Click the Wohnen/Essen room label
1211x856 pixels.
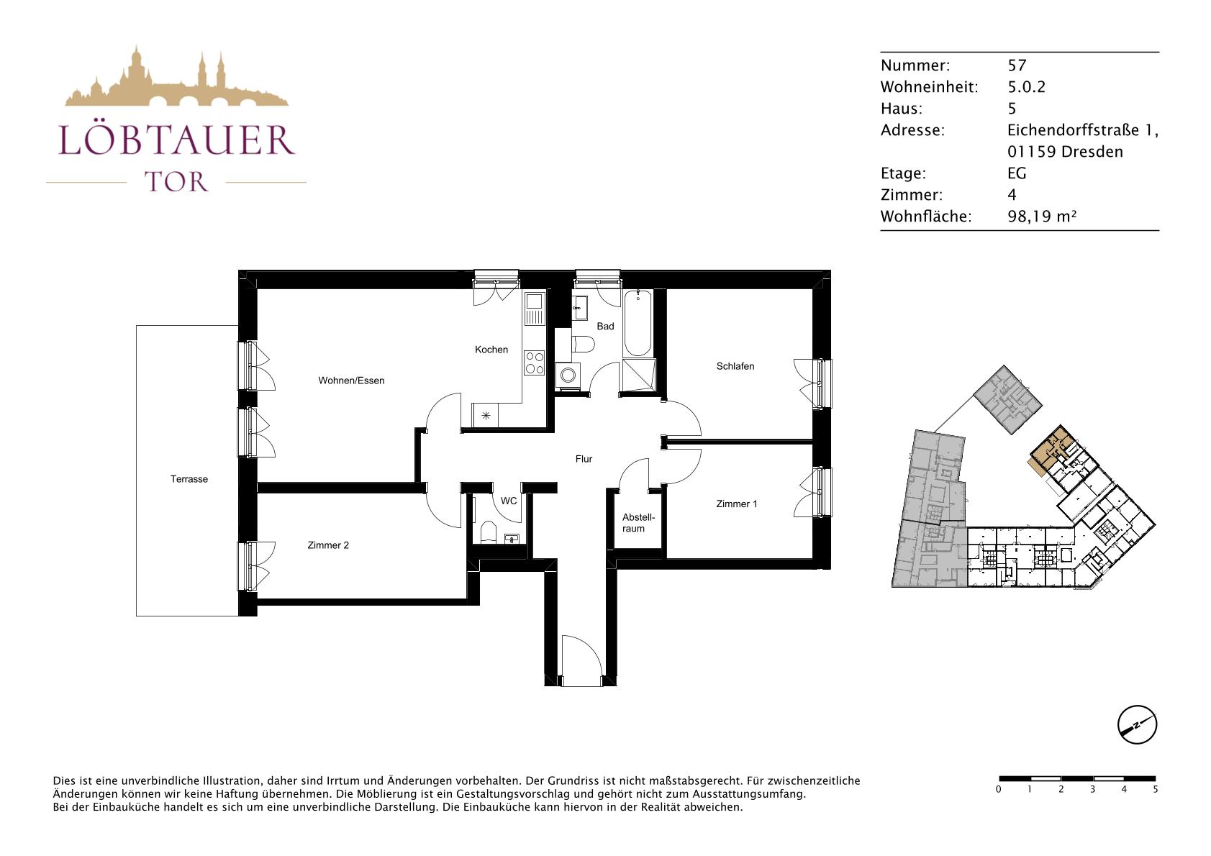(x=351, y=381)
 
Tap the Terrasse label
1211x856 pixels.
(x=189, y=479)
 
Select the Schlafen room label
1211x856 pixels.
(x=735, y=366)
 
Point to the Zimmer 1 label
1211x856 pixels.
(x=736, y=504)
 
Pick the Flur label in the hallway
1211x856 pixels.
(x=584, y=460)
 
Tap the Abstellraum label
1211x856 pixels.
(x=638, y=523)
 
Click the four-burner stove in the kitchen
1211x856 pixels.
(x=535, y=363)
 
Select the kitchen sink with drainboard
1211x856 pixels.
(x=535, y=308)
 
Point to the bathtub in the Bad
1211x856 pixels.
(x=638, y=323)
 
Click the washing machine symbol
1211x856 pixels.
(x=568, y=375)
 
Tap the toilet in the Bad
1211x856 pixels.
(x=583, y=345)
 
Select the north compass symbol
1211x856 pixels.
(x=1137, y=724)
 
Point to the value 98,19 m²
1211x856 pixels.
(x=1042, y=217)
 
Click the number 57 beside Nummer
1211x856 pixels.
(x=1017, y=65)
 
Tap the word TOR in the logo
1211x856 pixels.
(x=176, y=182)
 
